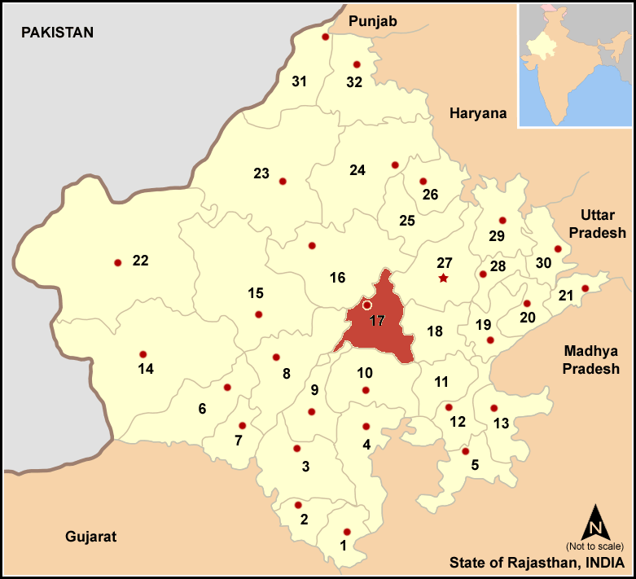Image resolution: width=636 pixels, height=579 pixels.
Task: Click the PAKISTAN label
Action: click(x=58, y=33)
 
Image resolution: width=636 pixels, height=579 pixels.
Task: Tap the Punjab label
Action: click(x=372, y=21)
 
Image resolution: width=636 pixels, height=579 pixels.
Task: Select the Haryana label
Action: click(x=478, y=114)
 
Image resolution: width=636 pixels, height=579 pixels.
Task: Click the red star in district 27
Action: click(x=443, y=279)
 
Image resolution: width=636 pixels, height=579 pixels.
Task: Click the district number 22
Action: click(x=141, y=261)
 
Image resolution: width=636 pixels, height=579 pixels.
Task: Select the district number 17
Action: click(x=376, y=321)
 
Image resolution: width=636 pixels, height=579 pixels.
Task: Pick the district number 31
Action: click(x=299, y=81)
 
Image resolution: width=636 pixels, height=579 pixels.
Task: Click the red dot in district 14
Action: click(x=143, y=354)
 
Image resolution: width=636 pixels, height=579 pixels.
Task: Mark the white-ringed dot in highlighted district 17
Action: click(x=366, y=305)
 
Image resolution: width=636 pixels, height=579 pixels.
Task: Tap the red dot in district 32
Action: click(x=356, y=64)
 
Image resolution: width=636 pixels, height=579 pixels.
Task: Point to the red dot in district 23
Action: click(x=283, y=181)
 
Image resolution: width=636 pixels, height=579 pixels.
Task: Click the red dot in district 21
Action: click(x=585, y=288)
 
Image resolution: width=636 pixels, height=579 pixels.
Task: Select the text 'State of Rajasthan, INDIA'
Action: click(x=537, y=563)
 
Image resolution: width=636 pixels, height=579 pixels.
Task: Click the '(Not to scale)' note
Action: click(x=594, y=546)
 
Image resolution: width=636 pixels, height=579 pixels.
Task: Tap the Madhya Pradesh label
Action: click(x=590, y=361)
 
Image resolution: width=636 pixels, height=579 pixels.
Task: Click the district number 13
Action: click(x=502, y=423)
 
